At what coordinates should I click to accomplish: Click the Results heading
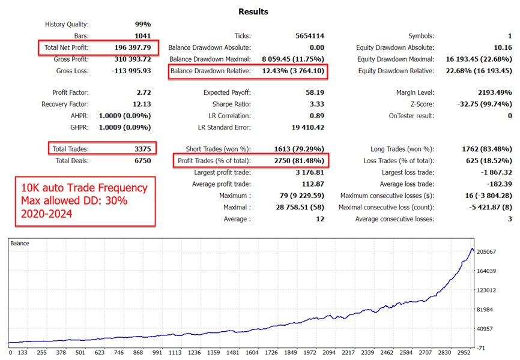[253, 11]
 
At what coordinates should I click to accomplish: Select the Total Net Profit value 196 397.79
[132, 47]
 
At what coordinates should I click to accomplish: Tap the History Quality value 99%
[142, 25]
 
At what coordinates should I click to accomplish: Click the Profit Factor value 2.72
[143, 93]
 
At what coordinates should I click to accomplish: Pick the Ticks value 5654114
[307, 36]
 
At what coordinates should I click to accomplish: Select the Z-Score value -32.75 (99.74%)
[478, 104]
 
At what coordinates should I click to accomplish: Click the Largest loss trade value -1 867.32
[491, 172]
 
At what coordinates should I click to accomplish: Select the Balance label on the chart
[20, 244]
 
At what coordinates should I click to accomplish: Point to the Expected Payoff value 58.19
[314, 93]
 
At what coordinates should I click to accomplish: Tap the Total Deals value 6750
[140, 161]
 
